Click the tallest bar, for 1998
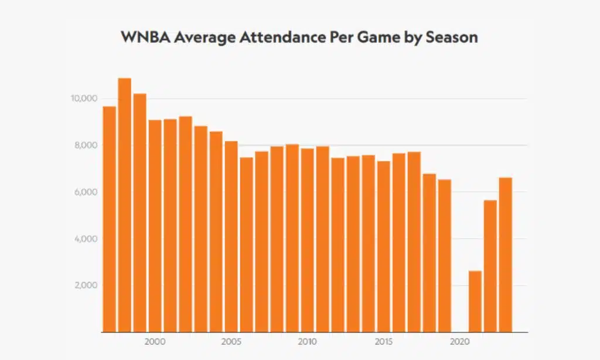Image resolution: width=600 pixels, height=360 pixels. click(125, 205)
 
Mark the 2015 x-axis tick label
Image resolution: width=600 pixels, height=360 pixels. click(384, 341)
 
